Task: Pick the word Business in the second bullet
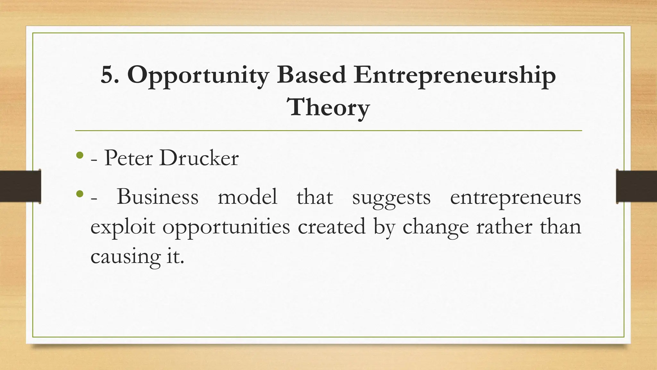(x=158, y=196)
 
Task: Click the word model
(x=247, y=196)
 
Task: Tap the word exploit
(x=123, y=227)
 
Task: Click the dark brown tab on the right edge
(x=636, y=186)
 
